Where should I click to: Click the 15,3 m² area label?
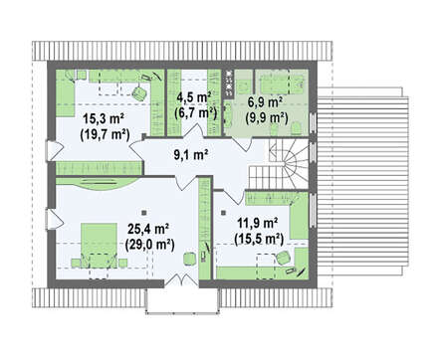(104, 118)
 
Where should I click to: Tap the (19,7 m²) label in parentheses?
(105, 135)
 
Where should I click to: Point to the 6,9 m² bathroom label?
(266, 102)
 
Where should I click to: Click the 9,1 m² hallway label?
(191, 154)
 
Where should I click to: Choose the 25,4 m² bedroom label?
(147, 229)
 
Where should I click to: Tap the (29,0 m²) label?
(150, 245)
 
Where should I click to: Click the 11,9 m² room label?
(257, 223)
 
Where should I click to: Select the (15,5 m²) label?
(259, 239)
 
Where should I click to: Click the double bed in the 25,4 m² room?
(99, 245)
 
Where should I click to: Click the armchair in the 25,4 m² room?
(189, 258)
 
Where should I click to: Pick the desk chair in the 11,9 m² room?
(283, 258)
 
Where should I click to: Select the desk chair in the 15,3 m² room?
(139, 92)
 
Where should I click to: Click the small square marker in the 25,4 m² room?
(143, 212)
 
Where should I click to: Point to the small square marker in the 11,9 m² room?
(224, 213)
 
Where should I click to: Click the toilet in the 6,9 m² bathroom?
(296, 128)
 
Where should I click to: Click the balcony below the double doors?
(182, 300)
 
